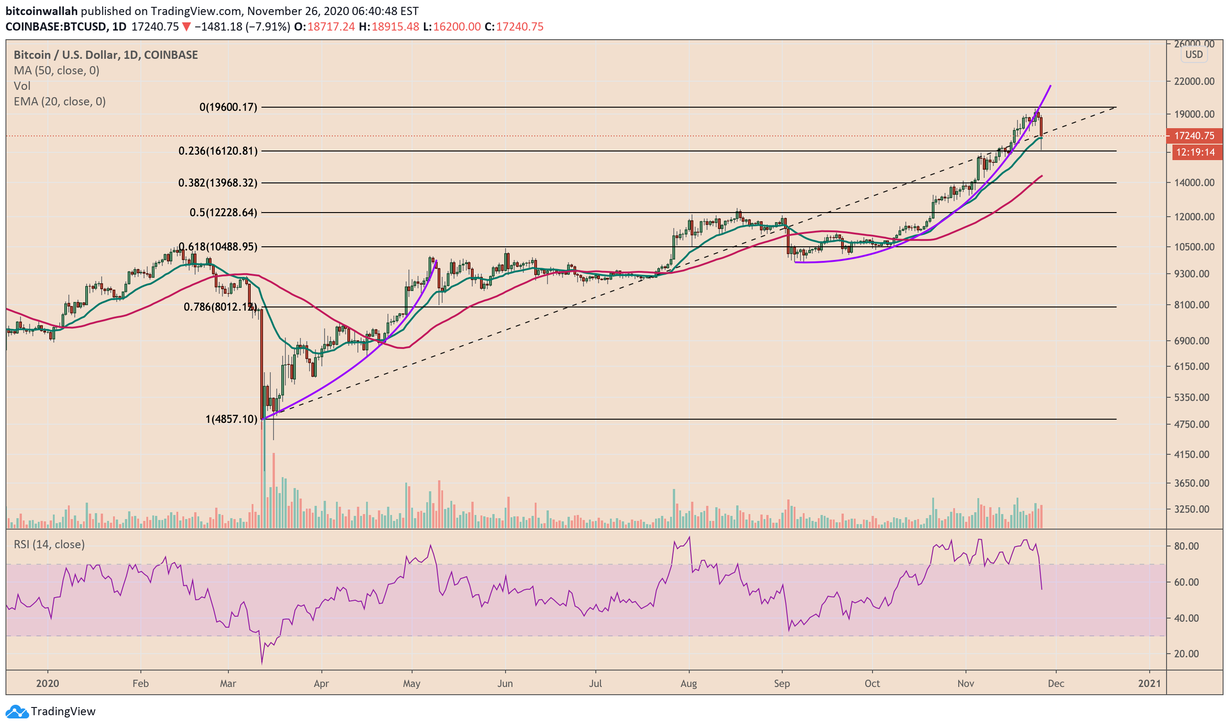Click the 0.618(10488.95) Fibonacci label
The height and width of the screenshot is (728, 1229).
[x=217, y=247]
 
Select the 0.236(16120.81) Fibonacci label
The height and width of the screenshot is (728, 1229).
[x=217, y=151]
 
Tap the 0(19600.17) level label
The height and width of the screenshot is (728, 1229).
[x=228, y=107]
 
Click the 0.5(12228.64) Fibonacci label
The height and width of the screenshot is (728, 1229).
[x=223, y=213]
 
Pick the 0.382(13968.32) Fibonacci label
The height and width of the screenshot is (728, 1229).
[x=217, y=183]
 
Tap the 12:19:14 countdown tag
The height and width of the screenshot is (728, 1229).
[x=1195, y=152]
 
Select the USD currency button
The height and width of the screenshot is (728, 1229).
[x=1194, y=54]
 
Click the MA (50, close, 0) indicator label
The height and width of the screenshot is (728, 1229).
[x=57, y=71]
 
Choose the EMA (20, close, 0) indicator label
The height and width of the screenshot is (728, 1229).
[x=59, y=102]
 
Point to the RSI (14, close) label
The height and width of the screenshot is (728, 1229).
[x=49, y=544]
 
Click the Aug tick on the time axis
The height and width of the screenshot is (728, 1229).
[x=689, y=683]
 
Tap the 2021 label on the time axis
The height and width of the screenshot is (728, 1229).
[x=1149, y=683]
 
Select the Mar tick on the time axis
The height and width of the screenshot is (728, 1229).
[x=228, y=683]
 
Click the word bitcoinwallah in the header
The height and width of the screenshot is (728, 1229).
[x=41, y=11]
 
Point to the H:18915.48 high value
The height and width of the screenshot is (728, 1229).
[x=389, y=26]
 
